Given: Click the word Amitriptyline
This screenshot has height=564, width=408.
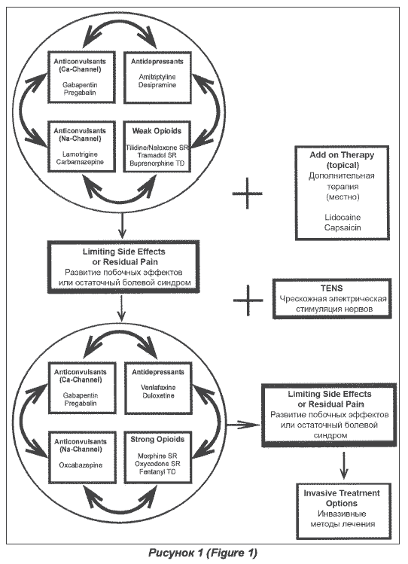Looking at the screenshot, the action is pyautogui.click(x=157, y=77).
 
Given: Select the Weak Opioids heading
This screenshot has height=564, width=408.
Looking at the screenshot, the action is pyautogui.click(x=157, y=131).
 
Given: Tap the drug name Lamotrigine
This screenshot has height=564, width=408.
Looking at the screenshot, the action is pyautogui.click(x=80, y=154).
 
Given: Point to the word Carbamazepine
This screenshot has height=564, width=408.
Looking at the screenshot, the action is pyautogui.click(x=80, y=162).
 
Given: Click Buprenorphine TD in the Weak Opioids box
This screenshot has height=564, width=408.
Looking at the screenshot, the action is pyautogui.click(x=157, y=163).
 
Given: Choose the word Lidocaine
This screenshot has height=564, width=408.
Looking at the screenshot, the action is pyautogui.click(x=343, y=218).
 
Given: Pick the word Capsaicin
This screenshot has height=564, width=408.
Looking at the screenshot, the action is pyautogui.click(x=343, y=227).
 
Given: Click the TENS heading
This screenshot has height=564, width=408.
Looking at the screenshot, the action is pyautogui.click(x=332, y=288).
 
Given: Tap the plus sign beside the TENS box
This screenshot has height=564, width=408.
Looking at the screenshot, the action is pyautogui.click(x=248, y=300).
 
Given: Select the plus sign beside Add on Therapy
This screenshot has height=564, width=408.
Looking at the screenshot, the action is pyautogui.click(x=248, y=194).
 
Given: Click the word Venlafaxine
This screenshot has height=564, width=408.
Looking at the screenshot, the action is pyautogui.click(x=158, y=388).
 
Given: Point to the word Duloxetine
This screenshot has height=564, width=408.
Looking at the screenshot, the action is pyautogui.click(x=158, y=395).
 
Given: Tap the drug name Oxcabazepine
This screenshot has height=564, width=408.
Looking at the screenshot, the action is pyautogui.click(x=81, y=465).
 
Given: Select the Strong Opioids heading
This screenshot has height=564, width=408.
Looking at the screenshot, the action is pyautogui.click(x=157, y=439).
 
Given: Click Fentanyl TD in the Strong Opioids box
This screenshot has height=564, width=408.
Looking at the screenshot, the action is pyautogui.click(x=157, y=471).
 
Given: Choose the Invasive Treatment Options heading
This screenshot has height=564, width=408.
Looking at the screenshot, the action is pyautogui.click(x=342, y=498).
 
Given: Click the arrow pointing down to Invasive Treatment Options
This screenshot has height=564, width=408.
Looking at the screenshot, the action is pyautogui.click(x=344, y=465).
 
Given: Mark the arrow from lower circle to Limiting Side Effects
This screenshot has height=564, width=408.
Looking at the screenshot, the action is pyautogui.click(x=244, y=425).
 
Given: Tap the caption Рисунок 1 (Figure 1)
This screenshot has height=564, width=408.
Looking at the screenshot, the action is pyautogui.click(x=203, y=553).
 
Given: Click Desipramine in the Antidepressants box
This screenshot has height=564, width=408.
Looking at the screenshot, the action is pyautogui.click(x=157, y=85).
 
